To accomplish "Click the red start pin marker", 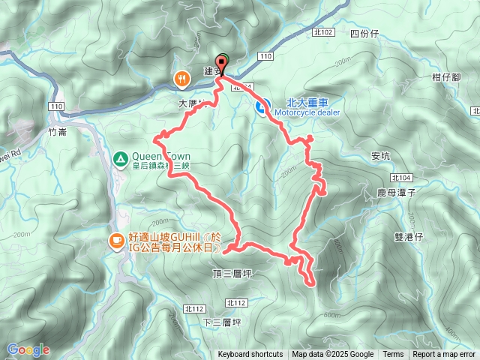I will (221, 64).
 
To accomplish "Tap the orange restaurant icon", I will (182, 78).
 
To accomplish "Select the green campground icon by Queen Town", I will (119, 158).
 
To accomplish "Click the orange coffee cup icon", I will (116, 241).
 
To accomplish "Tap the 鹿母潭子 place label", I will (395, 193).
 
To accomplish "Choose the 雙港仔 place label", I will (408, 236).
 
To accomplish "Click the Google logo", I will (28, 349).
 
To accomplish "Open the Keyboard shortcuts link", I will (250, 355).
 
